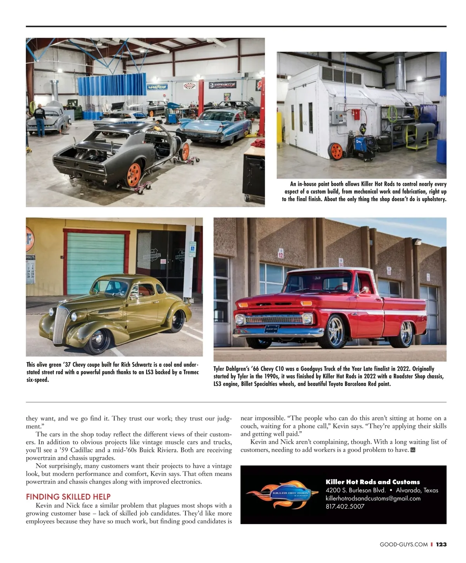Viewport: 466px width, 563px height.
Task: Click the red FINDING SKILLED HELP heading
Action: click(68, 497)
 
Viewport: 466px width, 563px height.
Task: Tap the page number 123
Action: click(441, 544)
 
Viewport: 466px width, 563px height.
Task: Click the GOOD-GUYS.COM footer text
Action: click(403, 544)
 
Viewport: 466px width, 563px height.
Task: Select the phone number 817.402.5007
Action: click(345, 506)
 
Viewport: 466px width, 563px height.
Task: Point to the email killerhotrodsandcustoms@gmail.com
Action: click(373, 498)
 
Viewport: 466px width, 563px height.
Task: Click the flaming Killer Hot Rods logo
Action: click(277, 494)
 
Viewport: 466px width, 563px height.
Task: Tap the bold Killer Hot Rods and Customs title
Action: click(372, 482)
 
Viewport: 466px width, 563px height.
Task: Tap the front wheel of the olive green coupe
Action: click(96, 341)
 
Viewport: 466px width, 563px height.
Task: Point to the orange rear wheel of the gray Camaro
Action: click(134, 175)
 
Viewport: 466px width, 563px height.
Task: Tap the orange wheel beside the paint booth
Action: click(336, 151)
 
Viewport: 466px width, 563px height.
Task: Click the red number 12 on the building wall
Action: click(281, 254)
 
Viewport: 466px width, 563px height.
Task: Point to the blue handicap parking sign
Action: click(192, 249)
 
